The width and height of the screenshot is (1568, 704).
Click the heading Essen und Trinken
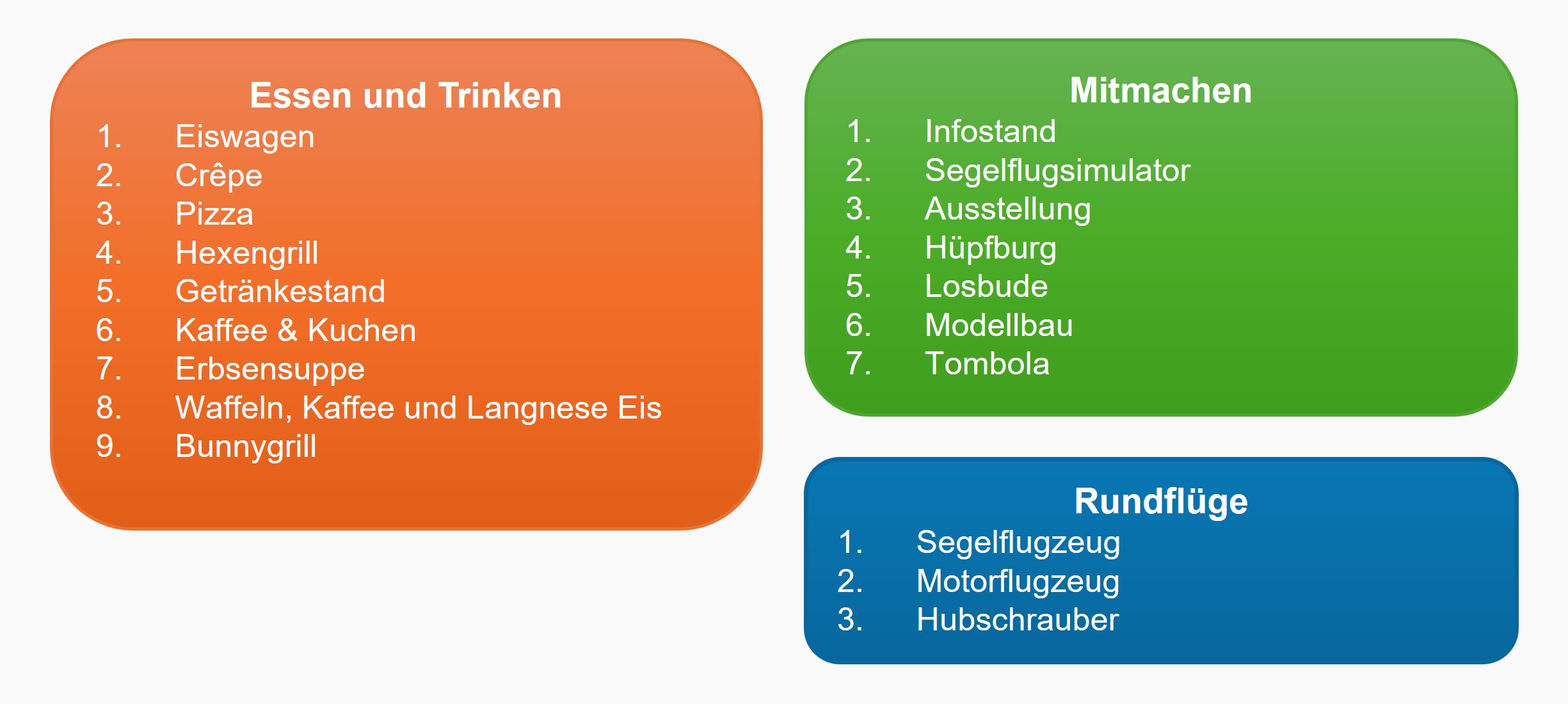406,96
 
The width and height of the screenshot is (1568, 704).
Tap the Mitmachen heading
1161,90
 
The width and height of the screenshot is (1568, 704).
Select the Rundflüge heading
1161,502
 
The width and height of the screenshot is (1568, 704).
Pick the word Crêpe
219,176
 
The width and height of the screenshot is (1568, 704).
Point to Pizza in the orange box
214,214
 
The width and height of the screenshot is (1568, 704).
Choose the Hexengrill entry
247,253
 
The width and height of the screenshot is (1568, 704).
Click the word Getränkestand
280,291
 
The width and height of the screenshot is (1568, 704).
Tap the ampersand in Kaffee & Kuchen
287,330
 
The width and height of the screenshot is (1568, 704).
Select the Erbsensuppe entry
270,370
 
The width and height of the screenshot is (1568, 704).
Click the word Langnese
537,408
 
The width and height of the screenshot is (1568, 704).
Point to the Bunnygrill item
246,447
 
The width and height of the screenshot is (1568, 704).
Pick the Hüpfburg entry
991,248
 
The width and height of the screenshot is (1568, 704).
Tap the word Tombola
988,364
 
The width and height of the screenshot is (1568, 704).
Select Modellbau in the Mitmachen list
999,325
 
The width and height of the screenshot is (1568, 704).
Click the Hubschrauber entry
1018,620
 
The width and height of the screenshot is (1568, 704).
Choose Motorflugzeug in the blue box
1018,582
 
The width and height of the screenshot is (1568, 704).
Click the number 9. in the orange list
109,446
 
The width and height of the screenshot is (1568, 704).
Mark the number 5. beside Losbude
858,286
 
